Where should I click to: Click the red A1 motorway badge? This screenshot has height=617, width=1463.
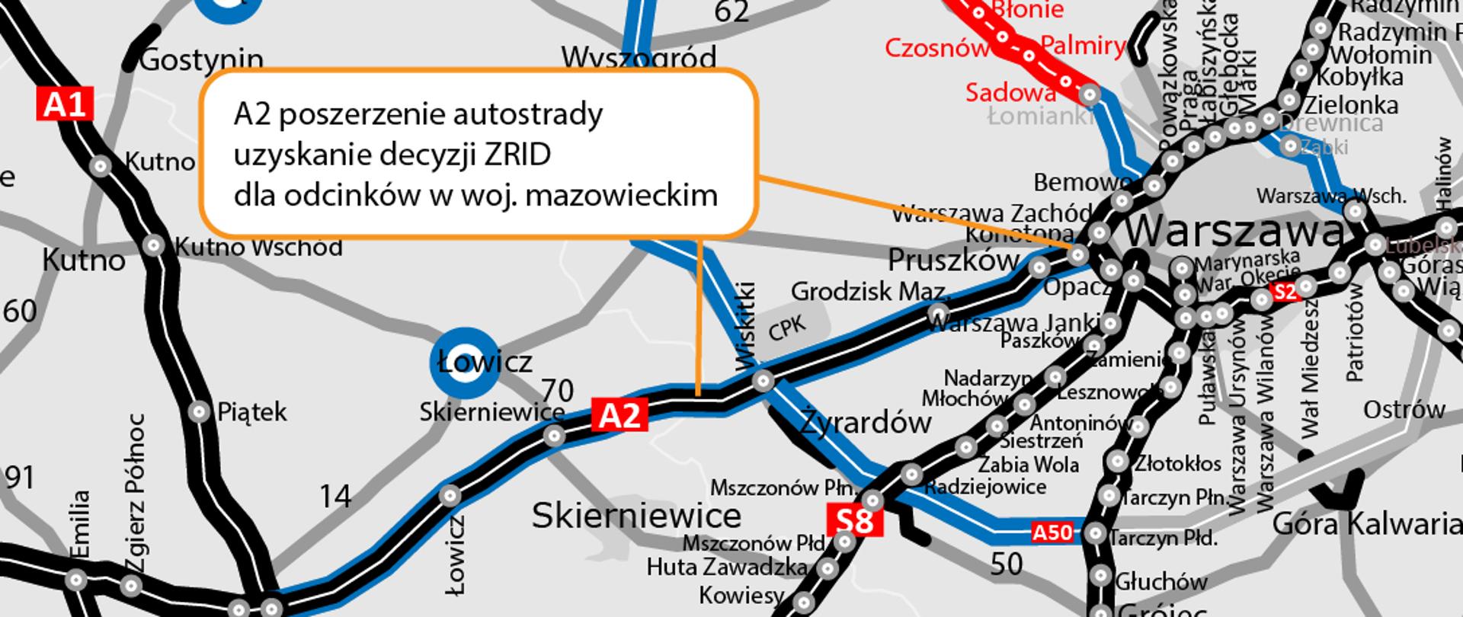(x=65, y=104)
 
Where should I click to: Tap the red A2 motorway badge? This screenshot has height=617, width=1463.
(x=620, y=415)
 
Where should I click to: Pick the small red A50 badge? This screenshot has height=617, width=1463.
(x=1052, y=532)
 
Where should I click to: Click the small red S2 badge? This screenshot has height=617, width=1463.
(x=1285, y=292)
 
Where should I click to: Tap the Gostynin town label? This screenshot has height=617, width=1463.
(x=202, y=59)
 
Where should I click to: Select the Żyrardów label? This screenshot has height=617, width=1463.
(x=866, y=422)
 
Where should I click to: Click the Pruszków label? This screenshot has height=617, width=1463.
(x=953, y=261)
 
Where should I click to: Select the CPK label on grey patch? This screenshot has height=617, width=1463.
(x=786, y=327)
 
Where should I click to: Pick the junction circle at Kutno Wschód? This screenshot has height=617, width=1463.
(x=155, y=245)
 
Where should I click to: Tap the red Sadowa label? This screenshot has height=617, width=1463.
(x=1010, y=93)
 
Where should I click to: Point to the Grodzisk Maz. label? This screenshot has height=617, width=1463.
(x=870, y=291)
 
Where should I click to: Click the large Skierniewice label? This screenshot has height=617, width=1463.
(x=636, y=516)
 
